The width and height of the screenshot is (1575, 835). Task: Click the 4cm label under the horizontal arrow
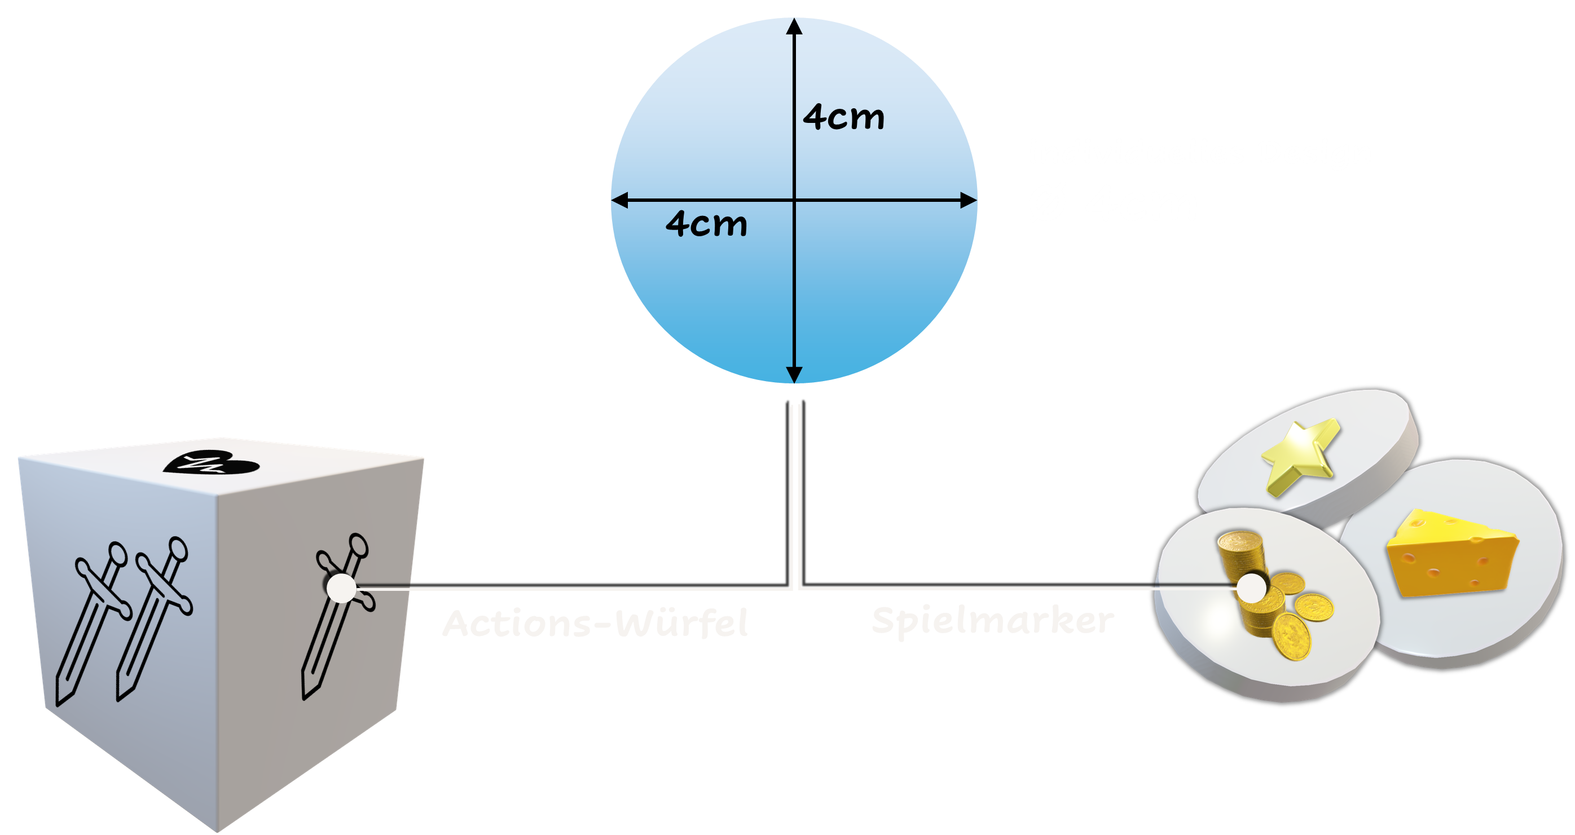[x=706, y=224]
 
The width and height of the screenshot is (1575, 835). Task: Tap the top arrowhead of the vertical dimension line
[x=794, y=26]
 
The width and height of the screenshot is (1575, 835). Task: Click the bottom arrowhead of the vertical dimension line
[x=794, y=375]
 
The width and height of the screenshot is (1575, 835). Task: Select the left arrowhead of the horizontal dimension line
[x=619, y=200]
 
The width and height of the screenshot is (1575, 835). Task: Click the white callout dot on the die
[x=341, y=588]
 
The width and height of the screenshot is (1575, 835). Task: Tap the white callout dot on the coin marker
[x=1252, y=588]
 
